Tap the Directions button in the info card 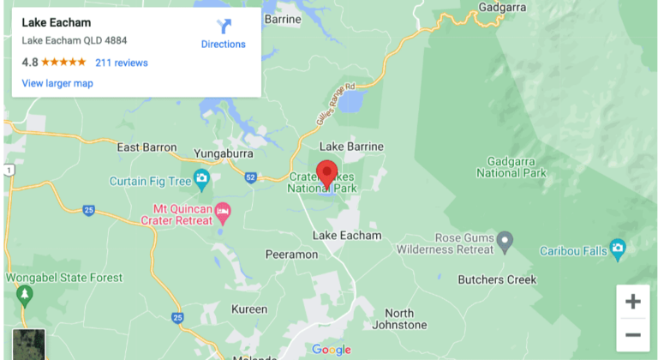[x=223, y=34]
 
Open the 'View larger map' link [x=57, y=83]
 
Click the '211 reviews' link [x=122, y=63]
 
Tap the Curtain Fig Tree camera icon [x=201, y=180]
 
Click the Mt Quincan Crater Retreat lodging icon [x=223, y=210]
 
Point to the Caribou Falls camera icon [x=618, y=250]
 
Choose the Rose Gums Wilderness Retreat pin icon [x=505, y=239]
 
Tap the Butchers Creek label [x=497, y=279]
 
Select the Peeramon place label [x=291, y=255]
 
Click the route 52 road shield [x=250, y=177]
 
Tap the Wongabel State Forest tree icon [x=24, y=295]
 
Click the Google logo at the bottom [x=332, y=349]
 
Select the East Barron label [x=147, y=147]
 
